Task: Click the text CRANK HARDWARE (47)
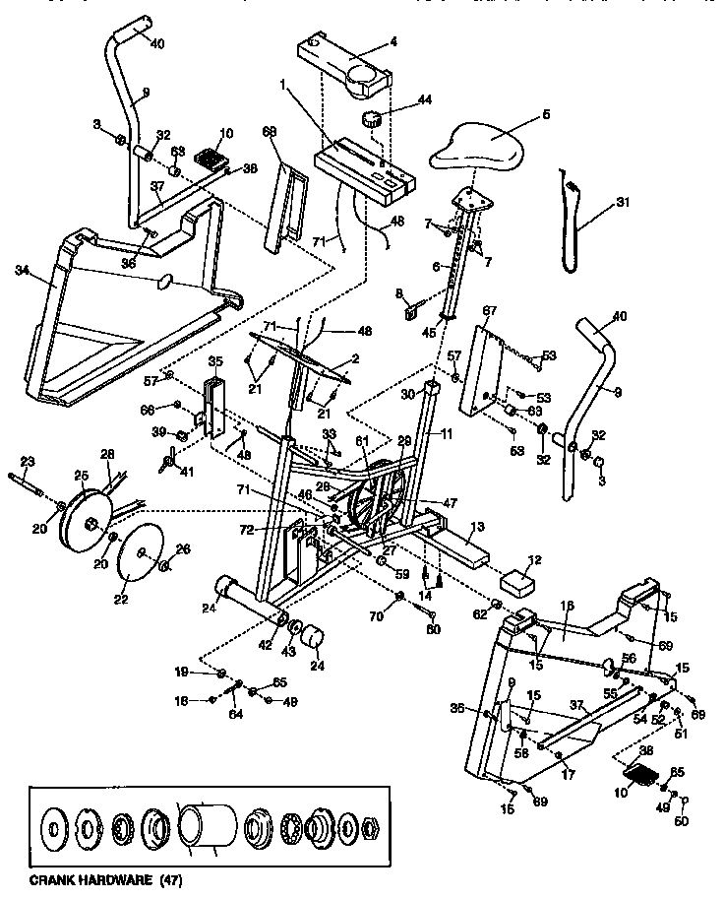(x=106, y=878)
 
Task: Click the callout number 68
(x=271, y=131)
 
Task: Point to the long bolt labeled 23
(x=30, y=480)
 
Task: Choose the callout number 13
(x=477, y=528)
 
